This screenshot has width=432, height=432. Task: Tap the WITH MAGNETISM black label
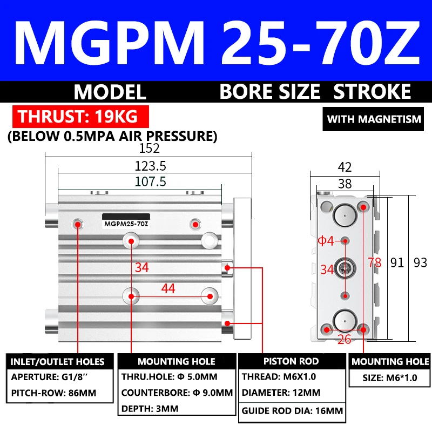[x=374, y=119]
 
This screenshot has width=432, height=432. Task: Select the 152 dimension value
[x=150, y=148]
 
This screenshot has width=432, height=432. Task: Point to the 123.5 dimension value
[x=150, y=165]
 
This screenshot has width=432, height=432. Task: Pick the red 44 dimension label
[x=168, y=289]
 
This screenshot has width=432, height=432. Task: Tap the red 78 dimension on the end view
[x=374, y=263]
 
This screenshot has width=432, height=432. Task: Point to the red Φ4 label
[x=326, y=241]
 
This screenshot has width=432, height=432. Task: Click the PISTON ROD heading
[x=291, y=361]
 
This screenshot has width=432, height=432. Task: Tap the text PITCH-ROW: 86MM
[x=54, y=393]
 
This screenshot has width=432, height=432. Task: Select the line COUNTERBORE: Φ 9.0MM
[x=177, y=393]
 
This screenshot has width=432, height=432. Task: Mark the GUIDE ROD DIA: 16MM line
[x=292, y=410]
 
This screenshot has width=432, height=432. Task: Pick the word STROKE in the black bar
[x=372, y=92]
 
